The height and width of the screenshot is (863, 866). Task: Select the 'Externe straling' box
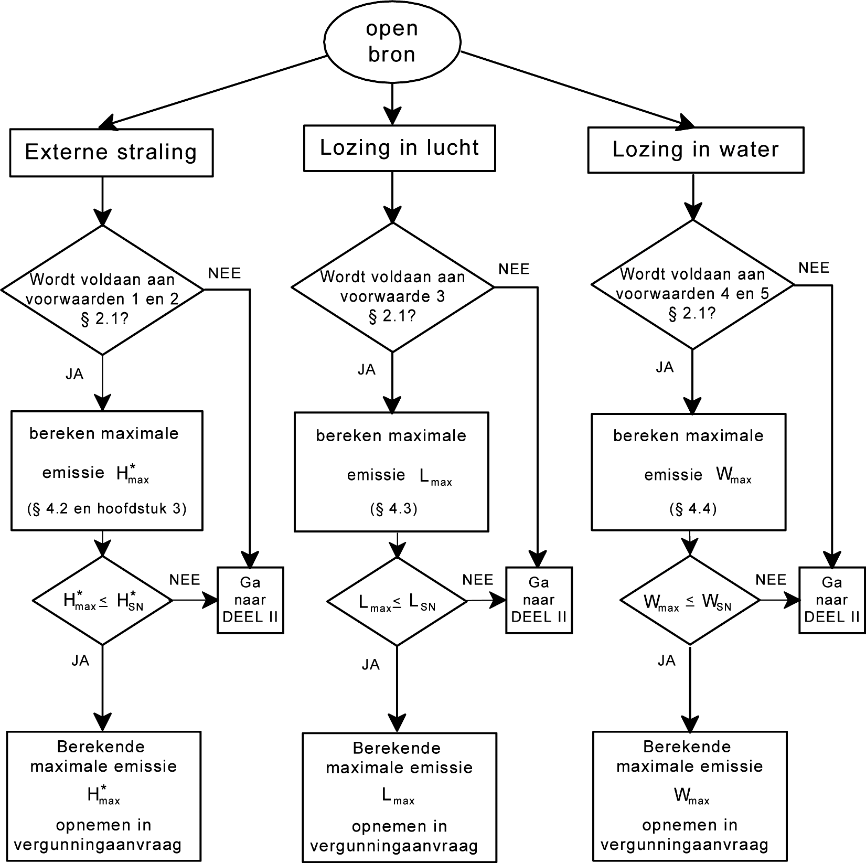tap(111, 153)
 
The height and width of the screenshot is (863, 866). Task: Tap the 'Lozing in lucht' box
tap(399, 148)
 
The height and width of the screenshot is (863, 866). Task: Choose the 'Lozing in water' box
tap(696, 150)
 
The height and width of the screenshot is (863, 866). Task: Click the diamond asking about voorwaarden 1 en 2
tap(102, 290)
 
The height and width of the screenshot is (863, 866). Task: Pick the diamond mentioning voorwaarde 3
tap(392, 287)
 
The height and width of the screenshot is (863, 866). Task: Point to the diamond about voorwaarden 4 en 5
tap(692, 285)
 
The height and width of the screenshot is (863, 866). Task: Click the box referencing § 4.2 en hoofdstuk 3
tap(107, 471)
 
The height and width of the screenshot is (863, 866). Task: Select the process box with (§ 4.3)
tap(391, 472)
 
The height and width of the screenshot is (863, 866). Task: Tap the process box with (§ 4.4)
tap(689, 472)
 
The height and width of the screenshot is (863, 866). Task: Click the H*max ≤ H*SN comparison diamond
tap(103, 600)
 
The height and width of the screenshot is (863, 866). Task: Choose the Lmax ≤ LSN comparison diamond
tap(397, 601)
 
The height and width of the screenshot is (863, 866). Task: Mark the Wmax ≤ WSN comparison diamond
tap(690, 600)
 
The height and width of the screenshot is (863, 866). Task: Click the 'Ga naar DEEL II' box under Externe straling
tap(251, 600)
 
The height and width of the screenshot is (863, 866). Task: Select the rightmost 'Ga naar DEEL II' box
tap(832, 600)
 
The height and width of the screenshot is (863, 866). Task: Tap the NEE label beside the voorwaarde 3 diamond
tap(514, 269)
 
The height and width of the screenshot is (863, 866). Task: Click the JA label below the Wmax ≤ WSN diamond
tap(666, 661)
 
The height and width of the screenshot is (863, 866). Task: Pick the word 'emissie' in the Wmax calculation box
tap(673, 475)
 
